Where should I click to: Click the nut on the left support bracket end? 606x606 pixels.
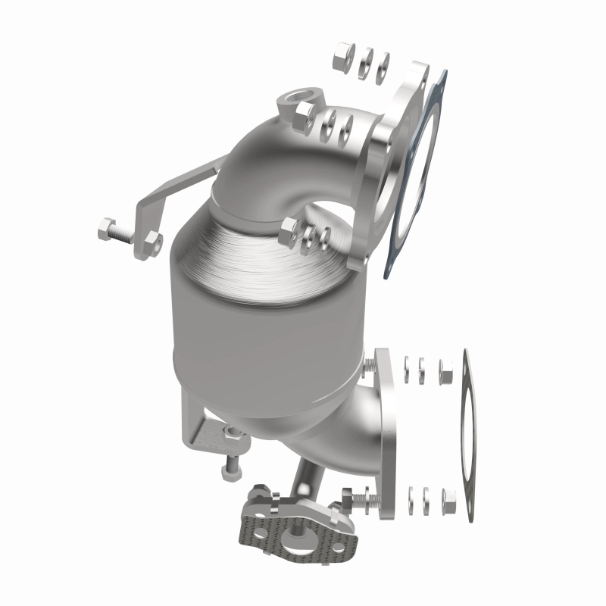point(151,242)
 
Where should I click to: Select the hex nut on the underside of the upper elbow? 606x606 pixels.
point(290,233)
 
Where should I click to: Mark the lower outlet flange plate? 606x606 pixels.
point(383,432)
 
